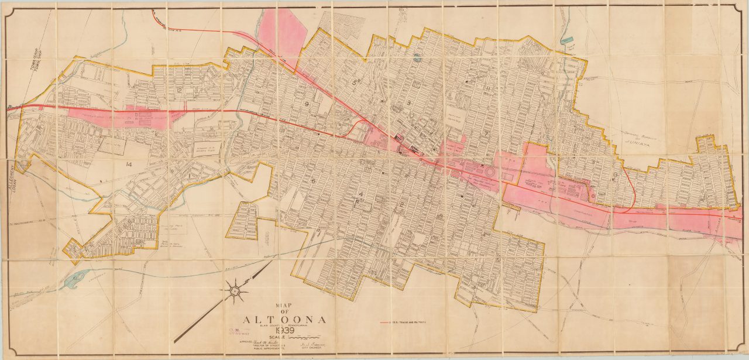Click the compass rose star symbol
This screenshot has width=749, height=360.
coord(235,290)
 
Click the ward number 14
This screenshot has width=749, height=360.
coord(129,165)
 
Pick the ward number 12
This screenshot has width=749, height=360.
coord(180,90)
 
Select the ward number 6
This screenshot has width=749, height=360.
coord(313,181)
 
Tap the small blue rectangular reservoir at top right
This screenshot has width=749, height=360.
coord(567,40)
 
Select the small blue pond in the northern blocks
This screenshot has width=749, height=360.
coord(416,57)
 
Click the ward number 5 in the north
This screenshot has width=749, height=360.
coord(355,83)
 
